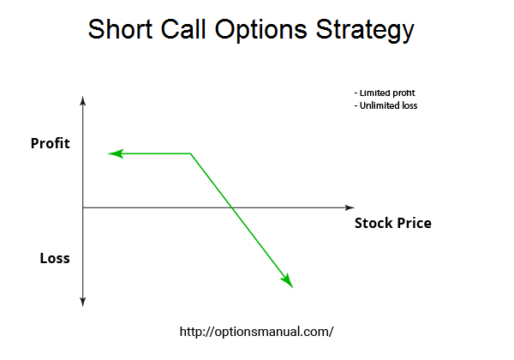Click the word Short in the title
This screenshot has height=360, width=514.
(120, 29)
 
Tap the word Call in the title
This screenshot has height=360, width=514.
(183, 29)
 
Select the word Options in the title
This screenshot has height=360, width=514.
(261, 31)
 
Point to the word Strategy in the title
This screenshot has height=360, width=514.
(365, 31)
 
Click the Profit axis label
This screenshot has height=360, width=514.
(51, 143)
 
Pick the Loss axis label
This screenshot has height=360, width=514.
(55, 258)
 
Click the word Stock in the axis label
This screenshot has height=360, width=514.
(374, 223)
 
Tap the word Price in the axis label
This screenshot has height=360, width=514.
(414, 223)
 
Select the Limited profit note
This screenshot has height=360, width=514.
(385, 93)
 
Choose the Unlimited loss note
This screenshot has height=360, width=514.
(385, 105)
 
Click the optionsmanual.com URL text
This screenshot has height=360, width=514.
(257, 332)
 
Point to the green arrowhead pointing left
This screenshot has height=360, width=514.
(116, 153)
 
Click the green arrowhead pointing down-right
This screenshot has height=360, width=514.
(287, 281)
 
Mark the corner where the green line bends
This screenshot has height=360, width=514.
(191, 153)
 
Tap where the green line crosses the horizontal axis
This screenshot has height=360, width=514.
(232, 207)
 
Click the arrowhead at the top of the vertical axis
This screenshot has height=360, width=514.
(83, 100)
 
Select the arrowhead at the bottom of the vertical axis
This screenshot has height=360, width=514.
(83, 303)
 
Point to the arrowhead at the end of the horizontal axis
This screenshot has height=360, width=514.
(350, 207)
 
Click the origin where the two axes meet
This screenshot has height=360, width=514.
(83, 207)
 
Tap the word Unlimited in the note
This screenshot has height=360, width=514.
(375, 105)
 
